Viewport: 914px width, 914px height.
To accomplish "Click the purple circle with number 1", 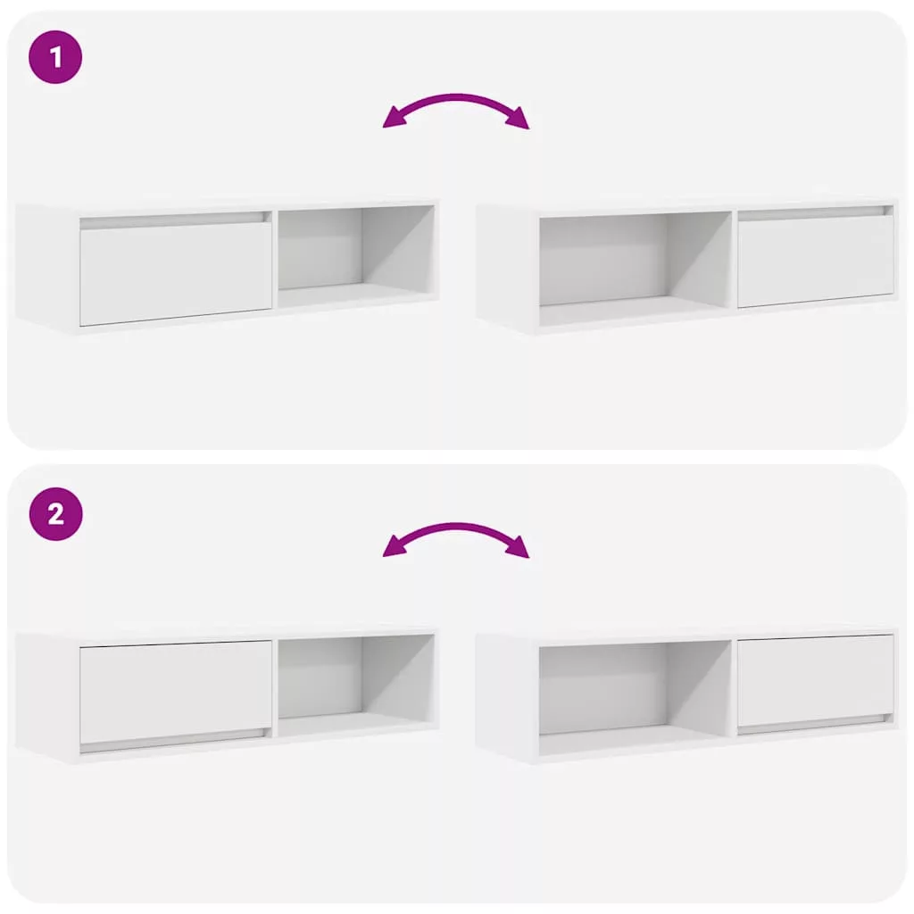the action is [x=55, y=57].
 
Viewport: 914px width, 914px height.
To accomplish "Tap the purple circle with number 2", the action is [x=55, y=514].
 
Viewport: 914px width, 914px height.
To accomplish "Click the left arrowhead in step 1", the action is [x=395, y=119].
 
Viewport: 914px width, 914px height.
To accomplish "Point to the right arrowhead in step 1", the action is [x=518, y=119].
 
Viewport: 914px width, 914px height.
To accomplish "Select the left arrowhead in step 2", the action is [x=395, y=547].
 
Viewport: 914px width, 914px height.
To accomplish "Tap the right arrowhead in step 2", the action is [x=518, y=547].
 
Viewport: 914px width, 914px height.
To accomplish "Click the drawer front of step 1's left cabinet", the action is [x=176, y=273].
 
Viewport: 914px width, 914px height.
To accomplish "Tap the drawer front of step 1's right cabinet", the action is [x=816, y=261].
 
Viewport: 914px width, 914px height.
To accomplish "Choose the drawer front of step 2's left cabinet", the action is [x=176, y=692].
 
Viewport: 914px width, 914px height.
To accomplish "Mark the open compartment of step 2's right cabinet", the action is [x=636, y=695].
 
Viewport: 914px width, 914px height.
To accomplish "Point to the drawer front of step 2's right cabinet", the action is [x=816, y=679].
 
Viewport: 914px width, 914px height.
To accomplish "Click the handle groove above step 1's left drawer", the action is [x=176, y=220].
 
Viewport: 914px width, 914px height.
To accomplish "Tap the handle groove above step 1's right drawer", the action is [x=816, y=212].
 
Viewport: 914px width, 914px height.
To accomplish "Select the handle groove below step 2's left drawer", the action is [x=176, y=740].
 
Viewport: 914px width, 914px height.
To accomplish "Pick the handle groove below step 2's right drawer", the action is [x=816, y=724].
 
